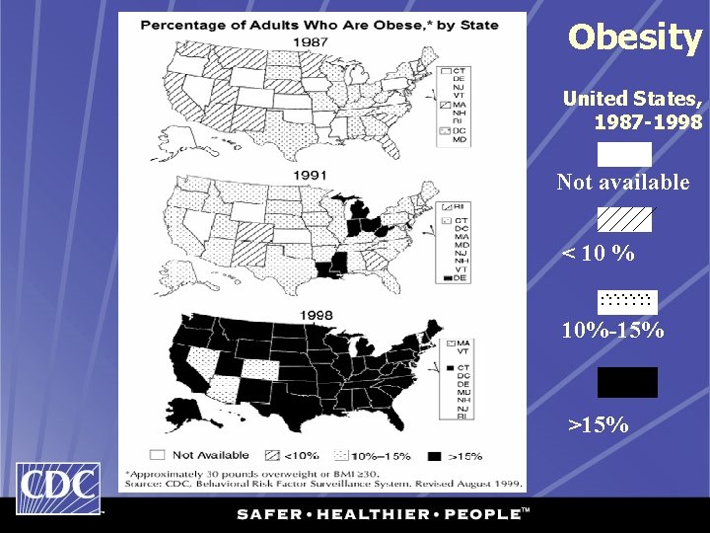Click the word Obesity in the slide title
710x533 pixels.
pyautogui.click(x=635, y=38)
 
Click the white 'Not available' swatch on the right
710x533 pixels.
pyautogui.click(x=624, y=154)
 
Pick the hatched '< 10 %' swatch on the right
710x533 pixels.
pyautogui.click(x=624, y=219)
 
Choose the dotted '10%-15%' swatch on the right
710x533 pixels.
pyautogui.click(x=627, y=300)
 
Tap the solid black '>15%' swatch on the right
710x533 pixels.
pyautogui.click(x=627, y=382)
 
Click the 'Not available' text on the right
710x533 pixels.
pyautogui.click(x=623, y=183)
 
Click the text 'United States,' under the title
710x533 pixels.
pyautogui.click(x=632, y=99)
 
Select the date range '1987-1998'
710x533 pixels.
pyautogui.click(x=648, y=122)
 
